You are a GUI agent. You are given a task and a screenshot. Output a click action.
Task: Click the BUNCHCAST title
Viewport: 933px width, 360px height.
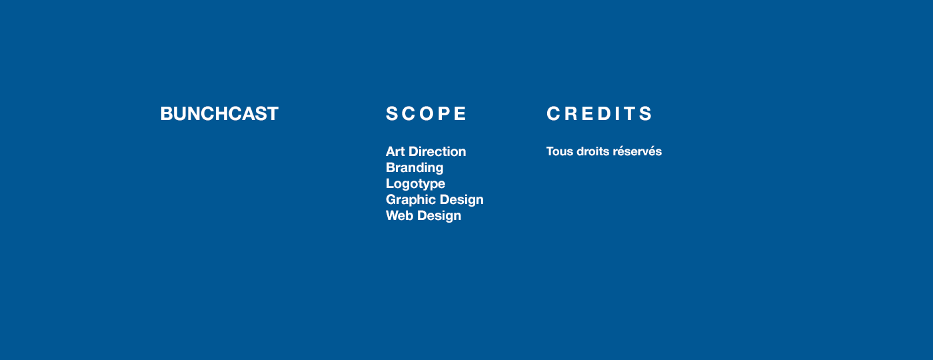click(219, 114)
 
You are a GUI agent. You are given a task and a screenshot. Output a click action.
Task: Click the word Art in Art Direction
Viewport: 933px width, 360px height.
click(395, 151)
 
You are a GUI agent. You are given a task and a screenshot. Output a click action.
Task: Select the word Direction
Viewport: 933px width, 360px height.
click(437, 151)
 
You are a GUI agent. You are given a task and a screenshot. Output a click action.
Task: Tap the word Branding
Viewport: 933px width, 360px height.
click(415, 168)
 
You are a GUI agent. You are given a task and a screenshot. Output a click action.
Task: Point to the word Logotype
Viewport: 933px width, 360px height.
click(415, 184)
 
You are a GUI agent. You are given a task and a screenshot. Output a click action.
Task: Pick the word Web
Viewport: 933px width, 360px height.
click(399, 215)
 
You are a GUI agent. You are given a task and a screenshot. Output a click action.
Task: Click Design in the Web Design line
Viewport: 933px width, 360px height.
click(439, 216)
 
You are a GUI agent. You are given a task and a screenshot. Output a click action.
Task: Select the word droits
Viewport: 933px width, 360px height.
click(592, 151)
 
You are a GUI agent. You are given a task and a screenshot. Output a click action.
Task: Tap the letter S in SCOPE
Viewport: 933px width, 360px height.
click(392, 113)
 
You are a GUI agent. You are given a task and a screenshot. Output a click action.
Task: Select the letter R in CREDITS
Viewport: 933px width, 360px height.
click(570, 113)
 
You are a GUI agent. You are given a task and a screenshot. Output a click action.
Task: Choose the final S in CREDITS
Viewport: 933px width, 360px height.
click(646, 113)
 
